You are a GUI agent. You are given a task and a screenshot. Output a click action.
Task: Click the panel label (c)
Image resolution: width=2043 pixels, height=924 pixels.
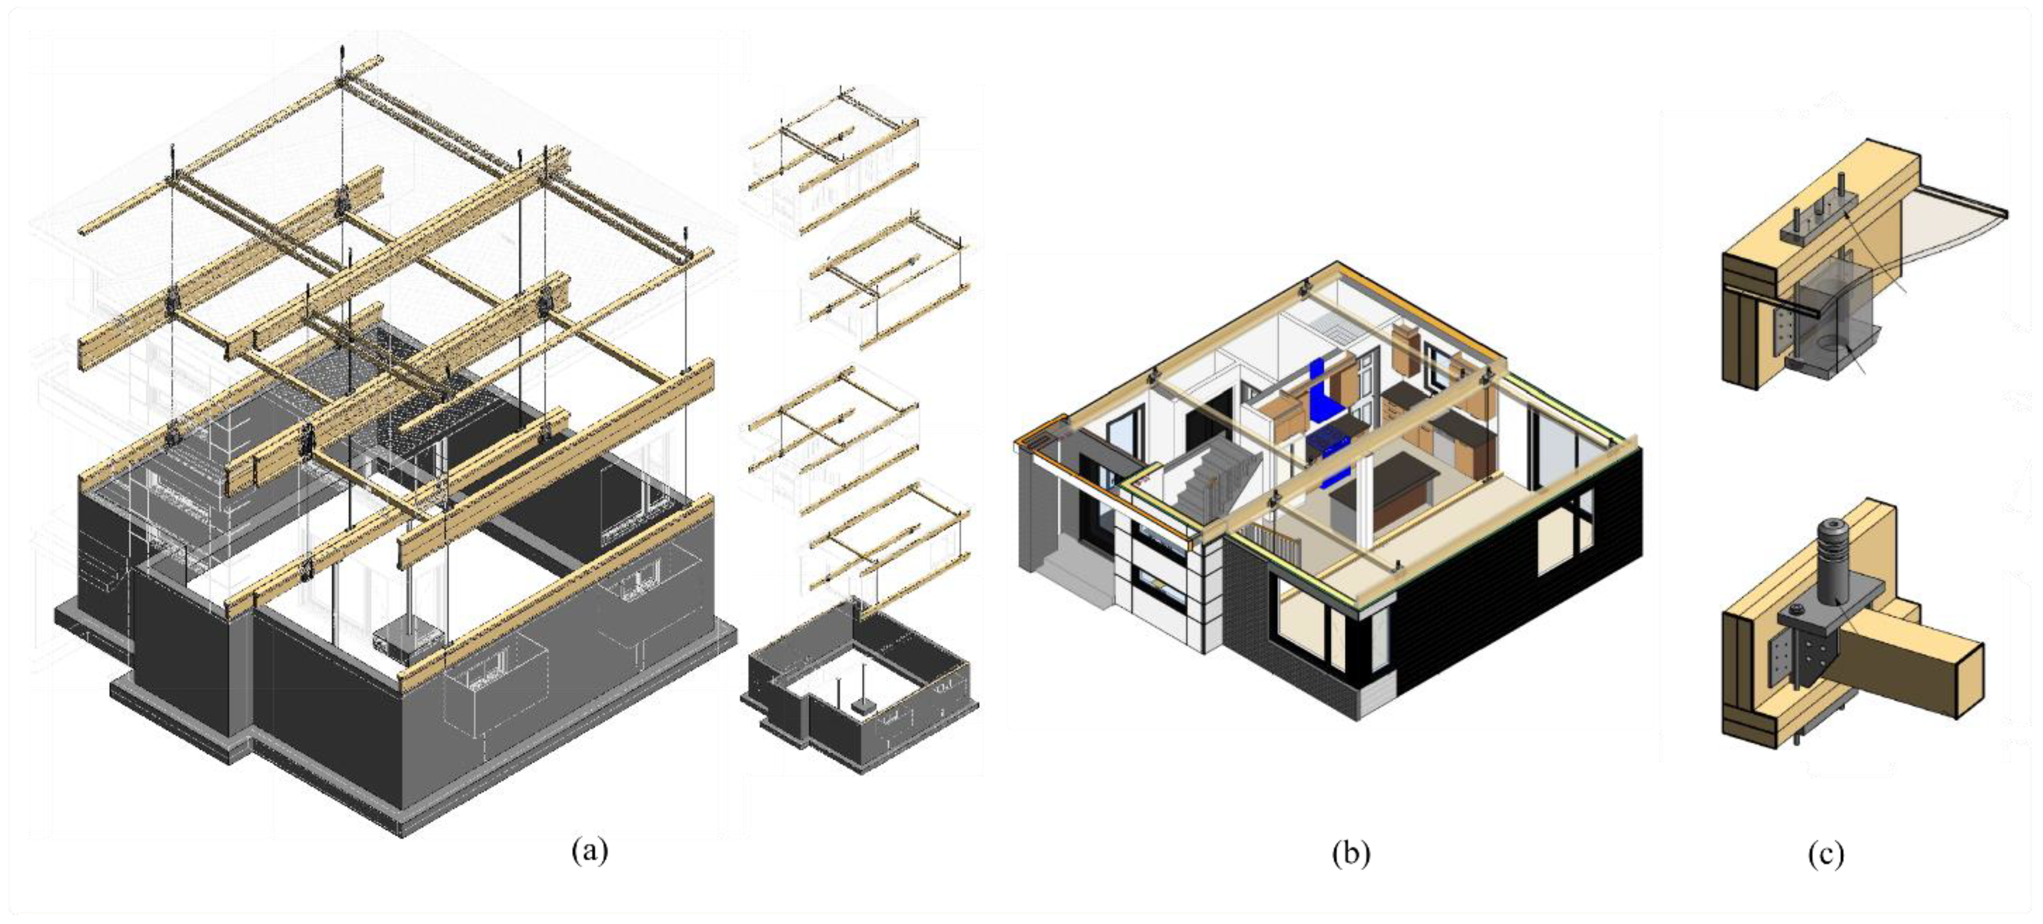pos(1826,854)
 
